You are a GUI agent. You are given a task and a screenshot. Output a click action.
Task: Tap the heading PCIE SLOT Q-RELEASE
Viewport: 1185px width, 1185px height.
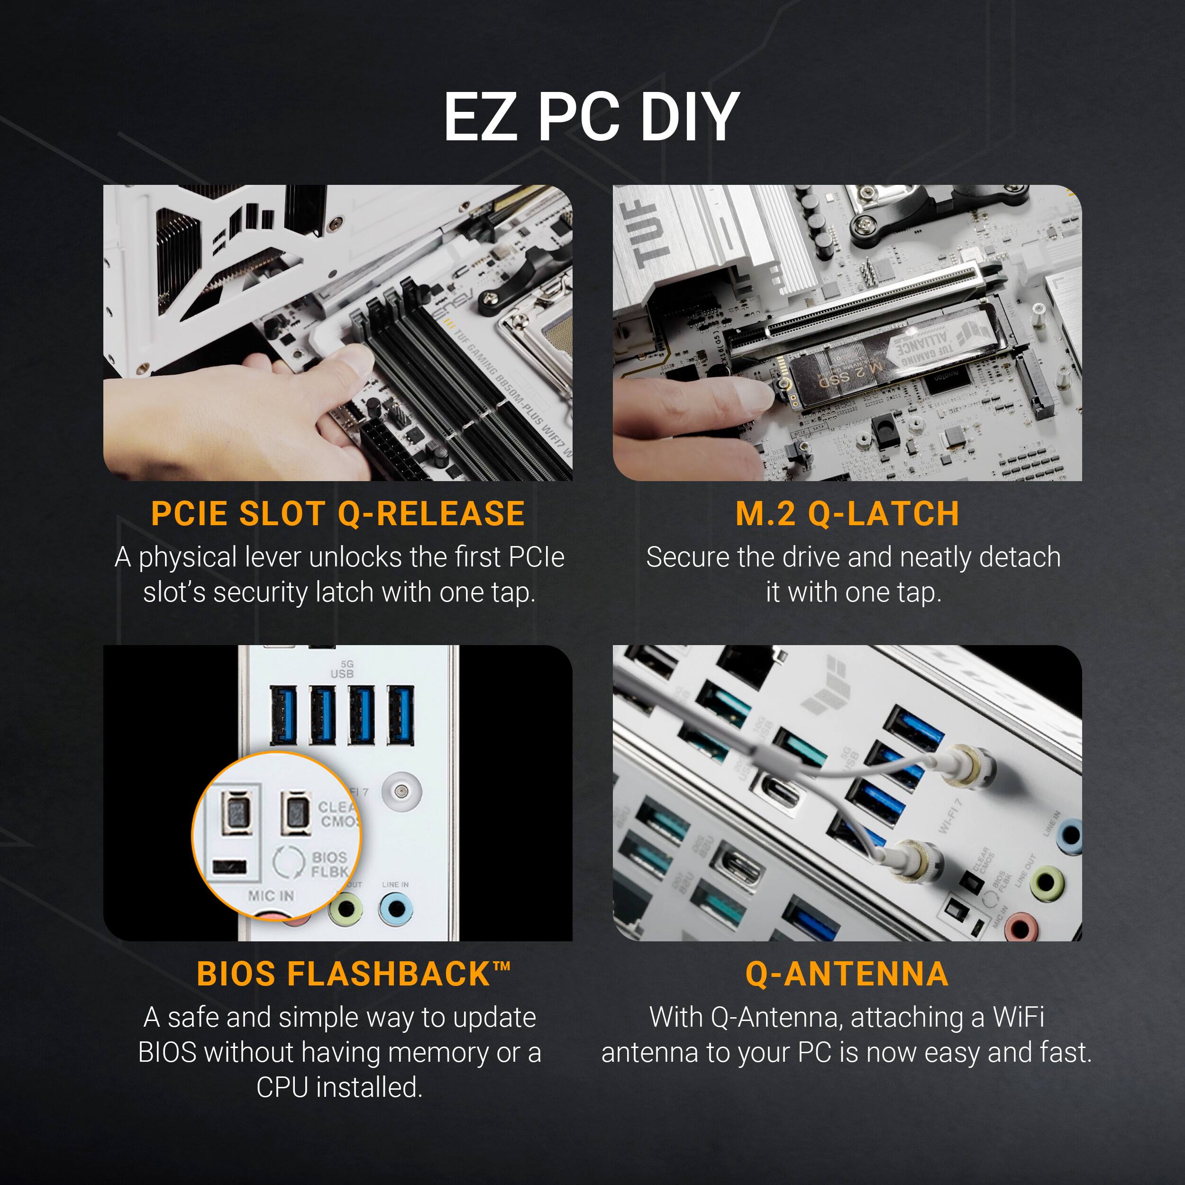[x=338, y=514]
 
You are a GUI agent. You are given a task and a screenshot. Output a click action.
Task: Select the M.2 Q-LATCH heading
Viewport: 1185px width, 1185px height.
[x=847, y=514]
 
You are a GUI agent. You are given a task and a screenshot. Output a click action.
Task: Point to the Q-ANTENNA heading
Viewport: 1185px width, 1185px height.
[x=847, y=974]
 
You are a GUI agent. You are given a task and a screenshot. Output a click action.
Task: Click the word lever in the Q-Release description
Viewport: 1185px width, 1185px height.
[x=273, y=557]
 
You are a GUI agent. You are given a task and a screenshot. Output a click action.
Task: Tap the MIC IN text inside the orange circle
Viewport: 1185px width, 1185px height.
[x=271, y=896]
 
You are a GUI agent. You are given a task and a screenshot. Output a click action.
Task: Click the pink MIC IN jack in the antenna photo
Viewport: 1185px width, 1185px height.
[x=1020, y=929]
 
